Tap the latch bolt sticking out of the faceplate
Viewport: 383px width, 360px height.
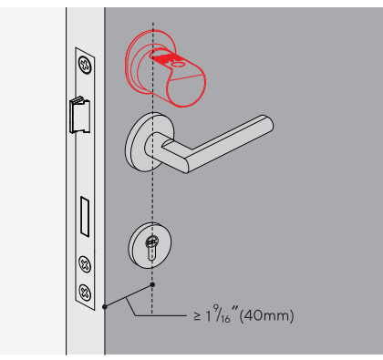click(77, 114)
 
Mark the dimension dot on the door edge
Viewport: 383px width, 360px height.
click(107, 306)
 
